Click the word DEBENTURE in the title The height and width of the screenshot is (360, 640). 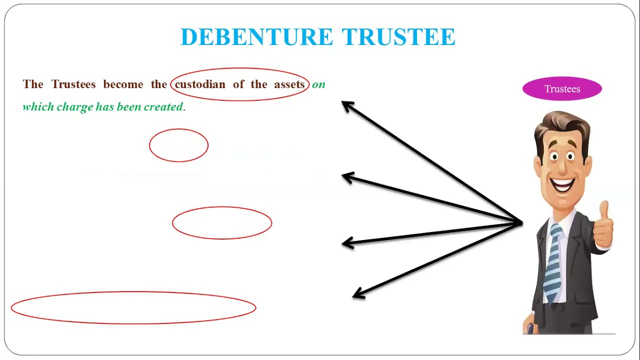pyautogui.click(x=256, y=37)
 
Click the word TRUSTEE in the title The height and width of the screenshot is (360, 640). pyautogui.click(x=398, y=37)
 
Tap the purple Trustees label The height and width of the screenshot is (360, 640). pyautogui.click(x=562, y=89)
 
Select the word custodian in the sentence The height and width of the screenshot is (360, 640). pyautogui.click(x=200, y=84)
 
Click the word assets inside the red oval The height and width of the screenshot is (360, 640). pyautogui.click(x=289, y=84)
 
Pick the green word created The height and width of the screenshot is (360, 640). pyautogui.click(x=163, y=106)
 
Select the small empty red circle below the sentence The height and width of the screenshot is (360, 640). pyautogui.click(x=178, y=145)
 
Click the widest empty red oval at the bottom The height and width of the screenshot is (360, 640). pyautogui.click(x=133, y=307)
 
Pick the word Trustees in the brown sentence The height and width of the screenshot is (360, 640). pyautogui.click(x=73, y=84)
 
